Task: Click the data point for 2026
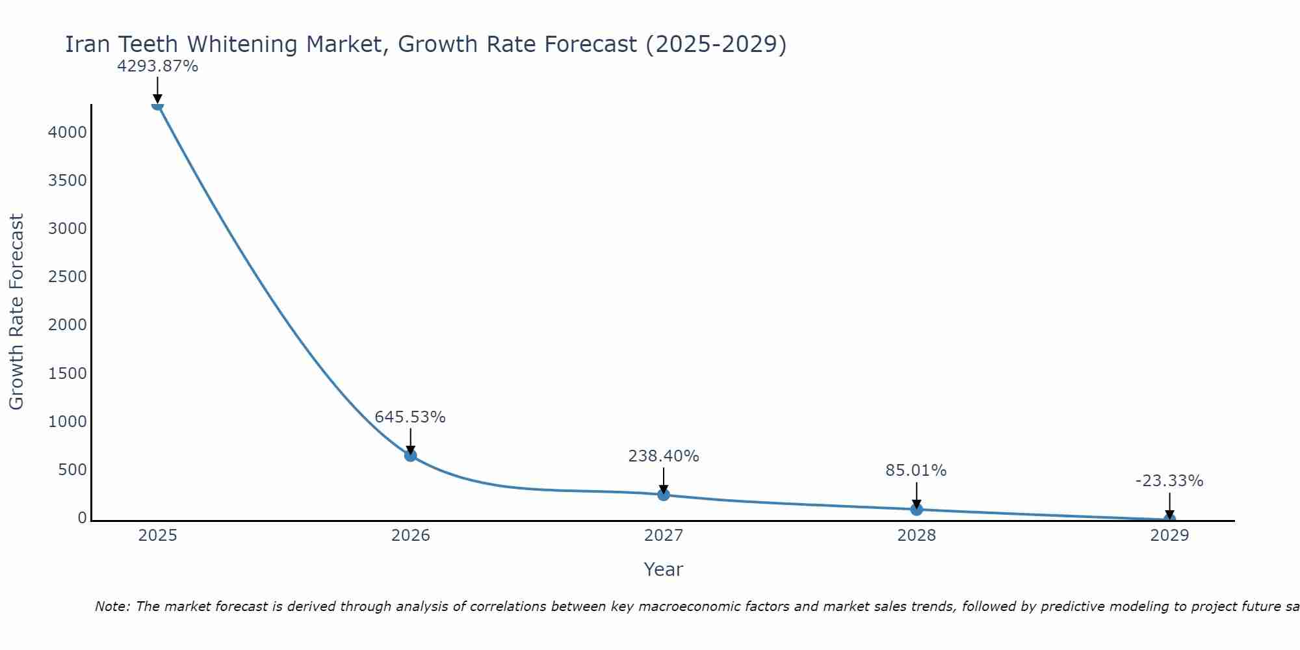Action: pyautogui.click(x=410, y=455)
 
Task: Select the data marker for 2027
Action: pyautogui.click(x=664, y=495)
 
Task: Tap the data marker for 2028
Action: pyautogui.click(x=916, y=509)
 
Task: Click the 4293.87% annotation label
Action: pyautogui.click(x=157, y=66)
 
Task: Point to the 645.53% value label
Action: pyautogui.click(x=410, y=417)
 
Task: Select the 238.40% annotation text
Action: pyautogui.click(x=664, y=456)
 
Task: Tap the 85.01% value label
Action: pyautogui.click(x=916, y=471)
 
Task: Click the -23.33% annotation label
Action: pyautogui.click(x=1169, y=481)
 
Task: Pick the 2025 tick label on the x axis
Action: pyautogui.click(x=157, y=536)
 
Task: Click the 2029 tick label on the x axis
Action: pyautogui.click(x=1169, y=536)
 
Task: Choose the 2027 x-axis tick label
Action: pyautogui.click(x=664, y=536)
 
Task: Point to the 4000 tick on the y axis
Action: pyautogui.click(x=68, y=133)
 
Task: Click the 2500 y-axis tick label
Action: pyautogui.click(x=68, y=277)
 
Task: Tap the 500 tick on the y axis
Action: pyautogui.click(x=72, y=470)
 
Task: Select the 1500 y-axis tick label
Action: pyautogui.click(x=68, y=374)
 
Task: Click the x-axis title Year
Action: pyautogui.click(x=664, y=570)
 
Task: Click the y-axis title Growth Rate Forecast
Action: pyautogui.click(x=16, y=312)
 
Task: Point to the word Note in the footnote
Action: pyautogui.click(x=112, y=606)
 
